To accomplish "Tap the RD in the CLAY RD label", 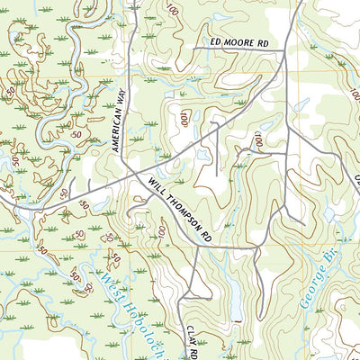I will tap(192, 354).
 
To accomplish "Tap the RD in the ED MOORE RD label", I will tap(262, 42).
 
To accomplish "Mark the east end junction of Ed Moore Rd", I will tap(283, 51).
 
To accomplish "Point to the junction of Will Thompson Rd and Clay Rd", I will tap(197, 244).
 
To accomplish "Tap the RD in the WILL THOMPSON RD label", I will tap(207, 235).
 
